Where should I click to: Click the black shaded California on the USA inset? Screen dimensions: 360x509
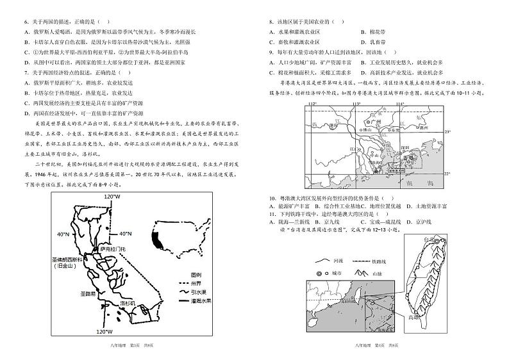point(156,240)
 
